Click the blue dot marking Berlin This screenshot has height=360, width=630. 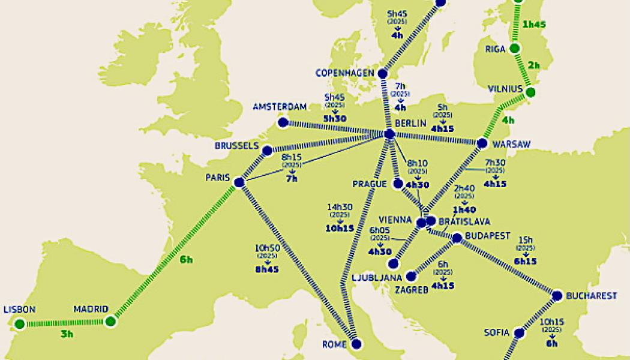pos(389,133)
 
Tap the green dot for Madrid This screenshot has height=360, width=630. pos(110,322)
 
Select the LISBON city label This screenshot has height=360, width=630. pos(20,310)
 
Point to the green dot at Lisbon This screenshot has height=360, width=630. pos(20,324)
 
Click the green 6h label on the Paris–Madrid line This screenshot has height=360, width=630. pos(186,259)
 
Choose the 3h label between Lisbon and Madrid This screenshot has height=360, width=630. pos(67,334)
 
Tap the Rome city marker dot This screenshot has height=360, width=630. pos(357,344)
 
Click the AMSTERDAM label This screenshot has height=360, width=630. pos(280,107)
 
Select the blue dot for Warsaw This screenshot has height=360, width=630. pos(482,143)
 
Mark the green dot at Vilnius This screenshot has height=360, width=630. pos(530,92)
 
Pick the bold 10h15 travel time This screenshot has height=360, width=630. pos(340,228)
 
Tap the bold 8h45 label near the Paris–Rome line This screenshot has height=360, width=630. pos(268,269)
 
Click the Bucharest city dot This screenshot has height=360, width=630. pos(557,295)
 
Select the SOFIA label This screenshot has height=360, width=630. pos(497,332)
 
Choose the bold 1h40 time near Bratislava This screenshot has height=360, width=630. pos(464,210)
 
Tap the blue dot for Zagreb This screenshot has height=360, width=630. pos(411,276)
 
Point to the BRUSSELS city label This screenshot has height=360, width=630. pos(236,146)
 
